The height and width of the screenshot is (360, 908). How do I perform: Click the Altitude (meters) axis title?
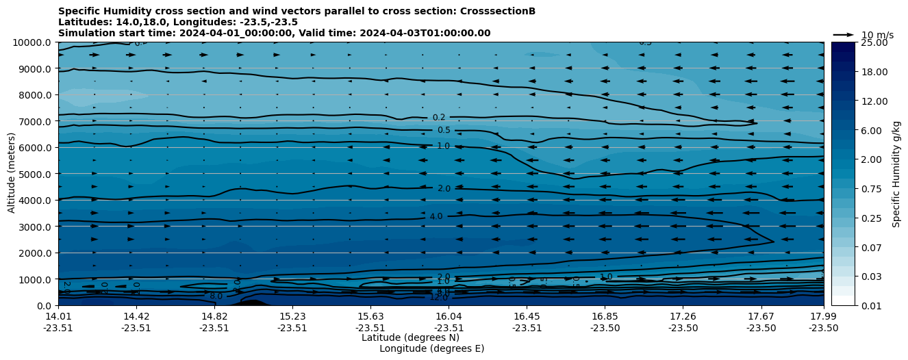click(x=12, y=174)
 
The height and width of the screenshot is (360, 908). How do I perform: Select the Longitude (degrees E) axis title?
click(x=431, y=348)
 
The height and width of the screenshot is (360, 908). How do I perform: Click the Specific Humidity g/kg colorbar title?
click(x=896, y=174)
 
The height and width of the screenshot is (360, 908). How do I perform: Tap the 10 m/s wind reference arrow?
click(x=843, y=34)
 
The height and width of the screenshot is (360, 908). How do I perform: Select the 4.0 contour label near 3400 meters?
click(x=436, y=216)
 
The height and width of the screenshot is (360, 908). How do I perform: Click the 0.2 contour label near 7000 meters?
click(x=439, y=118)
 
